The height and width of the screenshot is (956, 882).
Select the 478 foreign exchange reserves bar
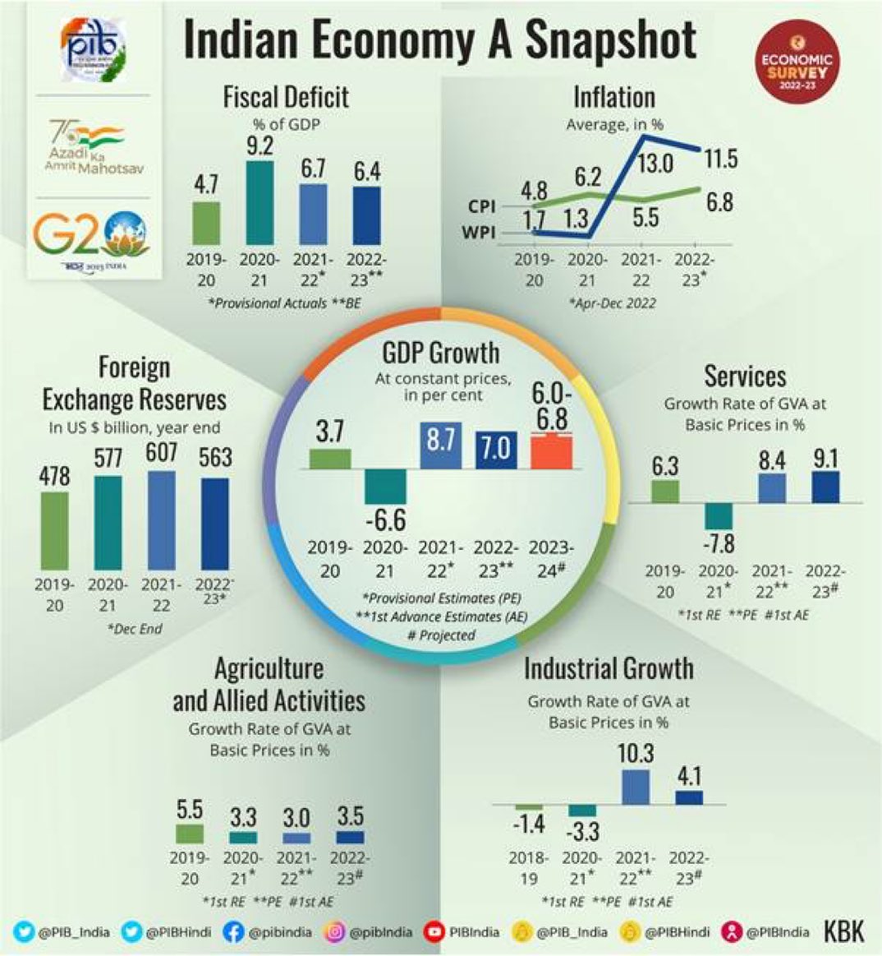55,530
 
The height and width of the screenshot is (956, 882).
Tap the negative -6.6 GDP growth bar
385,486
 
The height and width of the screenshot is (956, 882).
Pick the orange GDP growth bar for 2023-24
551,451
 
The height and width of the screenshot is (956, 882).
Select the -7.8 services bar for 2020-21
719,516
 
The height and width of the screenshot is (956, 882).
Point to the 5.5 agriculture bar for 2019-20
190,834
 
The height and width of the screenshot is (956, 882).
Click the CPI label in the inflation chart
481,207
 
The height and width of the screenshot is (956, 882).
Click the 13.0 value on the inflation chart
655,164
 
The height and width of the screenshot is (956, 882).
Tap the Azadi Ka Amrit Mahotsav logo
85,146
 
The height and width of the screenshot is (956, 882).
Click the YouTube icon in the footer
434,931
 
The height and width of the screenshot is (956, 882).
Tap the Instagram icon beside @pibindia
335,931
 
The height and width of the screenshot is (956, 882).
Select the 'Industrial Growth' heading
609,668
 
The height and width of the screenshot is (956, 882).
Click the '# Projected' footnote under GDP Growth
441,635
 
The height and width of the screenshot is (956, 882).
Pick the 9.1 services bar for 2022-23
825,487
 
